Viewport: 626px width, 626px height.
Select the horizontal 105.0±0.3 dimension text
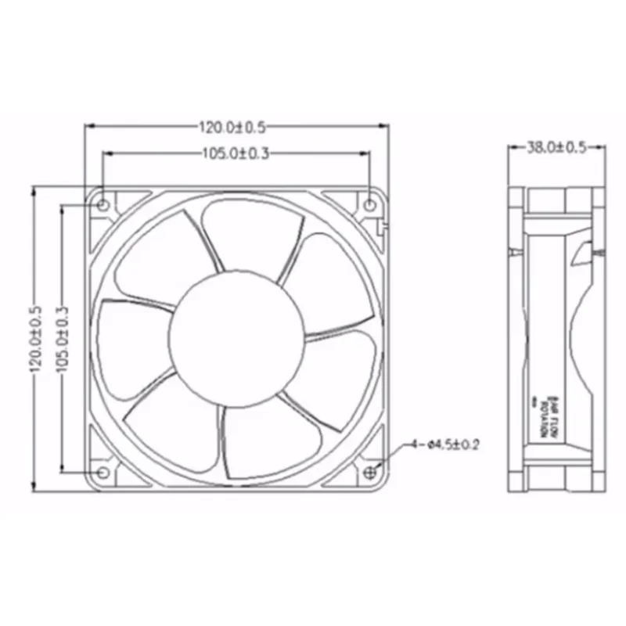coord(236,154)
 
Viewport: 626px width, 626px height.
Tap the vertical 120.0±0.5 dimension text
coord(35,337)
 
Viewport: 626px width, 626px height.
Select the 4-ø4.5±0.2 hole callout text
coord(444,445)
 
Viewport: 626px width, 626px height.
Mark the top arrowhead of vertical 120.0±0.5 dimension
coord(35,190)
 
